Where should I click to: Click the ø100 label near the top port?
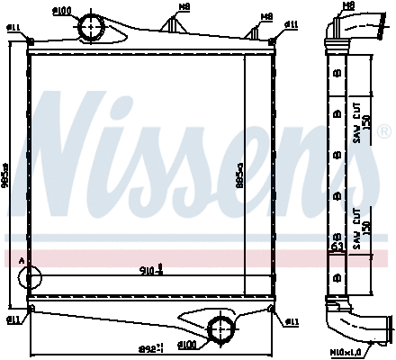87,10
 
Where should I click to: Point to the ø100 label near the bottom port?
187,344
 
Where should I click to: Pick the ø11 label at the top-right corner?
292,22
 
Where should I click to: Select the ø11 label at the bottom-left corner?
14,319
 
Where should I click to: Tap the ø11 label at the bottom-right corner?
292,320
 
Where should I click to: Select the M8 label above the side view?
349,6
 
